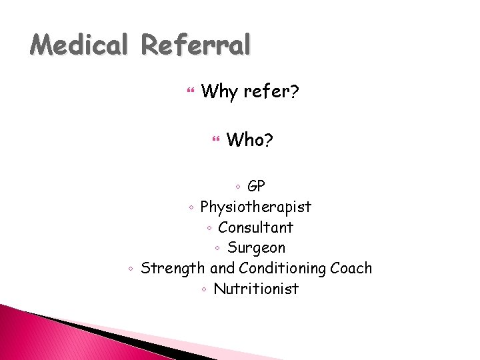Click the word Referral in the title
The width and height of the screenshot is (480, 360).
196,45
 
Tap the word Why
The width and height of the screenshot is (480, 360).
219,91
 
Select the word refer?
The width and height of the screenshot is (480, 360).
271,91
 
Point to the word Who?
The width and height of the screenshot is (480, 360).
249,140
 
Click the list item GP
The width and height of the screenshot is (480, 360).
256,186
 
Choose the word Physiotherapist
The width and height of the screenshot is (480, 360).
255,207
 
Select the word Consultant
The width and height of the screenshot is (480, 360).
255,227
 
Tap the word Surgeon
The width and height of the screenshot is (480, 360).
256,248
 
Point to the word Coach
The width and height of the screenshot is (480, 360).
351,268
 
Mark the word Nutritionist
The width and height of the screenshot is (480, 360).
256,289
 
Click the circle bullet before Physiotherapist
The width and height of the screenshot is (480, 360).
191,207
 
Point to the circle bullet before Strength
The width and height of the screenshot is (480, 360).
131,269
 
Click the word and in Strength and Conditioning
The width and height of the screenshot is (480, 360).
222,269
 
